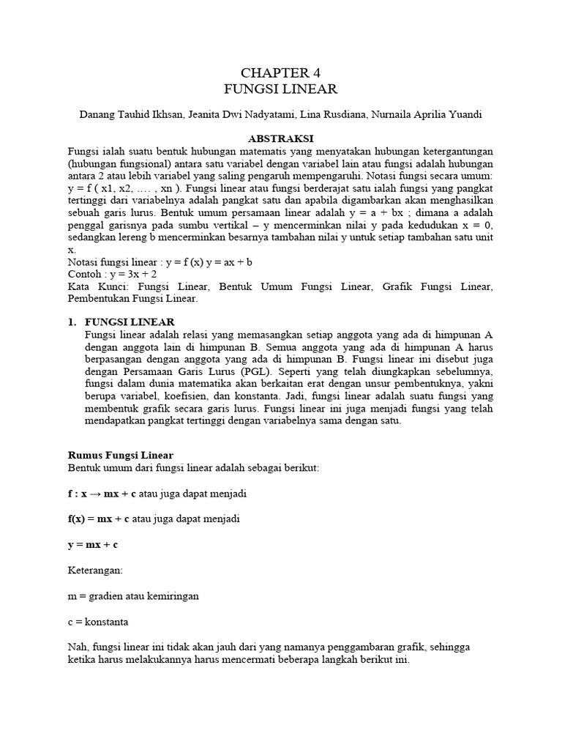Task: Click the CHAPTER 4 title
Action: (x=281, y=73)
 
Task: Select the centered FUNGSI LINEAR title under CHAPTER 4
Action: (x=281, y=89)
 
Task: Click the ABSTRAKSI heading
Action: (x=281, y=138)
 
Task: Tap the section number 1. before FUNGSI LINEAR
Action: (x=72, y=322)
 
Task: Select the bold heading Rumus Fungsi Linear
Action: (x=120, y=455)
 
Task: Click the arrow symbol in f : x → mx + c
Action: (x=98, y=494)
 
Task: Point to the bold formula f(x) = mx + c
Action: (x=99, y=519)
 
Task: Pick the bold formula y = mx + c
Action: (x=93, y=544)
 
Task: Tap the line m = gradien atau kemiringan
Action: (x=133, y=595)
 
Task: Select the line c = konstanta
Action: (x=98, y=621)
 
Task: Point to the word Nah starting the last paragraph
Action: (x=77, y=647)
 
